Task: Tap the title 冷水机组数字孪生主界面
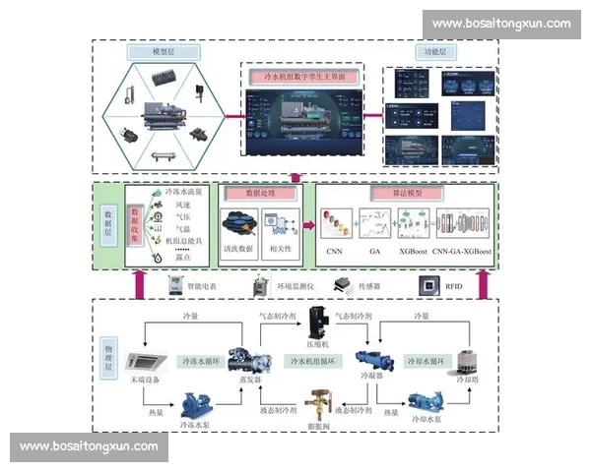300,75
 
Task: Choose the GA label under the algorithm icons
374,252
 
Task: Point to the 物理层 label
109,353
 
